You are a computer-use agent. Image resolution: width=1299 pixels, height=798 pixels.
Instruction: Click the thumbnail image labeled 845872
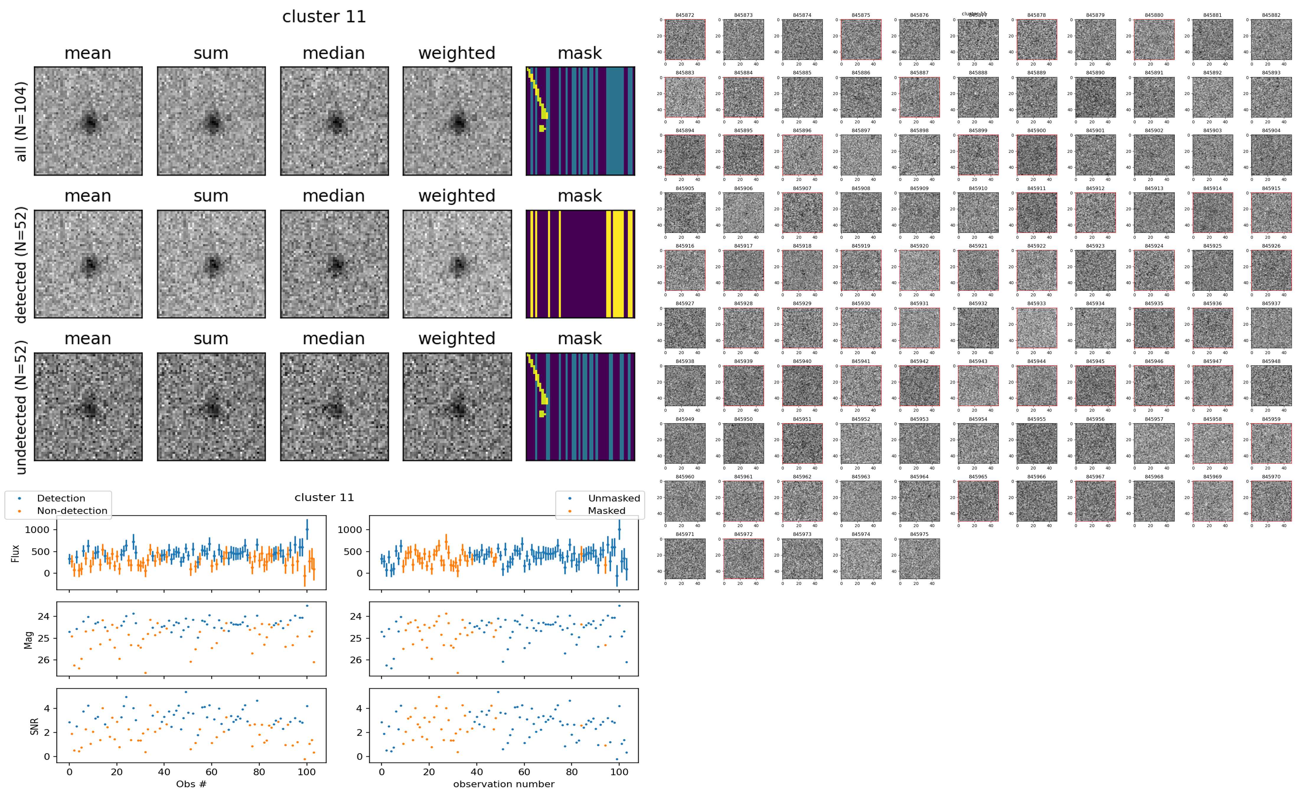685,40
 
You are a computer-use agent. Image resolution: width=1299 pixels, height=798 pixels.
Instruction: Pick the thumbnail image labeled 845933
1036,328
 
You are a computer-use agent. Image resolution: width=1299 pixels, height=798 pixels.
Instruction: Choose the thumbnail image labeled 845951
802,443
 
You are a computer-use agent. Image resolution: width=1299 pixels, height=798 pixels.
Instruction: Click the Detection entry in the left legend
61,498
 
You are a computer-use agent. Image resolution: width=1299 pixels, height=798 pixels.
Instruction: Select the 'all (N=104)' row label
21,121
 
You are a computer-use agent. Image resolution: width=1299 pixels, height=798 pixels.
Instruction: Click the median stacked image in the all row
334,121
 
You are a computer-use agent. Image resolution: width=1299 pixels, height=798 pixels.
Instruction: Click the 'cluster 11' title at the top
324,17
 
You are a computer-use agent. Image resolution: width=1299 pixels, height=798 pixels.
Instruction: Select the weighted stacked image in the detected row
457,264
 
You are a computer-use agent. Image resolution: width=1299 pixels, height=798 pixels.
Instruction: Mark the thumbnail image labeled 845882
1270,40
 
